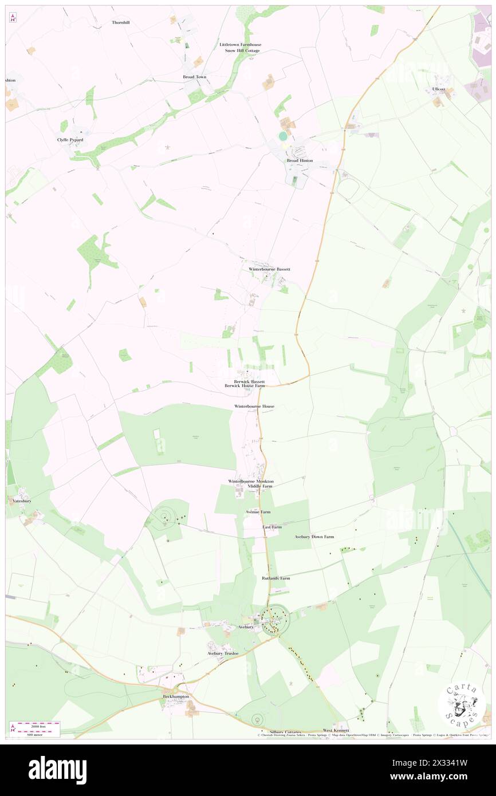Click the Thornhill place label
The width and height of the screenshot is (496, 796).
pyautogui.click(x=121, y=22)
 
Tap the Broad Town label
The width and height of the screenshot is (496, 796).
pyautogui.click(x=195, y=77)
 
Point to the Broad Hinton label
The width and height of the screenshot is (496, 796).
pyautogui.click(x=300, y=160)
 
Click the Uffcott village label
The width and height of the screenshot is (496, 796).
pyautogui.click(x=439, y=89)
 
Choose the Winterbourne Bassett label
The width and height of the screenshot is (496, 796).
pyautogui.click(x=269, y=269)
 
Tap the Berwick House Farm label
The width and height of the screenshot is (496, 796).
pyautogui.click(x=245, y=387)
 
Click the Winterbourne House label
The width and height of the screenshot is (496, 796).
pyautogui.click(x=254, y=406)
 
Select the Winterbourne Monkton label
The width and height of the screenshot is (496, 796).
pyautogui.click(x=251, y=481)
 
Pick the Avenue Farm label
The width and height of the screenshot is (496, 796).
pyautogui.click(x=258, y=511)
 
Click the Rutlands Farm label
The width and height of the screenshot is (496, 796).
pyautogui.click(x=275, y=578)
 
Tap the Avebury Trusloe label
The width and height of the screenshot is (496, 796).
pyautogui.click(x=223, y=653)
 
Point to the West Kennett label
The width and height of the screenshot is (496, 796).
pyautogui.click(x=336, y=730)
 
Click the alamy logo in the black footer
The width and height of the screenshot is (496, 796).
pyautogui.click(x=57, y=770)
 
